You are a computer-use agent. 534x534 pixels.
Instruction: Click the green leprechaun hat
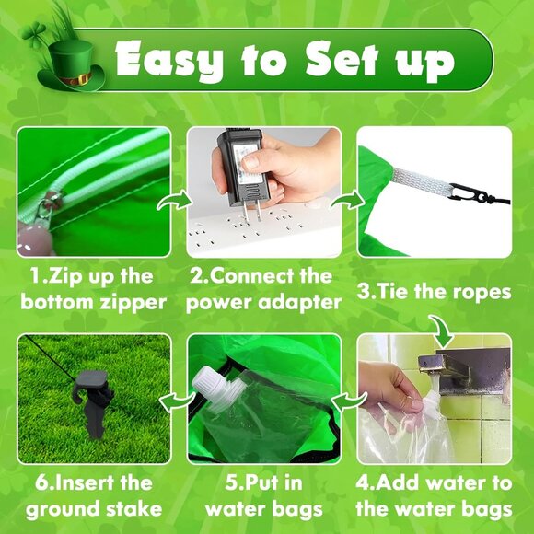(72, 66)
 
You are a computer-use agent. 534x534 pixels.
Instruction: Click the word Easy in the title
(169, 60)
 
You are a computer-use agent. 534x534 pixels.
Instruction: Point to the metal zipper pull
(49, 206)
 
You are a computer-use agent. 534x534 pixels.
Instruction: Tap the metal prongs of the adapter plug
(251, 211)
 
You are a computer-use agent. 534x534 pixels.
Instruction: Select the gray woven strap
(422, 181)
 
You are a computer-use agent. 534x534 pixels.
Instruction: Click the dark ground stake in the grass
(93, 401)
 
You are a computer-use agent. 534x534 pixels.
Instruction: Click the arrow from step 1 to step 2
(174, 202)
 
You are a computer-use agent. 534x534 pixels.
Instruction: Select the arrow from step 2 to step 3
(347, 201)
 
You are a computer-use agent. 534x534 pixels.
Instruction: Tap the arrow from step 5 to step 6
(177, 400)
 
